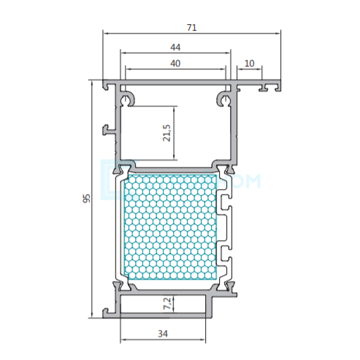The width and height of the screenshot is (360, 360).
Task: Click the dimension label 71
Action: (x=191, y=28)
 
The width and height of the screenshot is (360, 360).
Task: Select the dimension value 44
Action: (x=175, y=47)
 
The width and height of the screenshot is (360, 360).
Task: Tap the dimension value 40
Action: (x=175, y=64)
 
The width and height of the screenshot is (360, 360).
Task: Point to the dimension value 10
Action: (x=249, y=64)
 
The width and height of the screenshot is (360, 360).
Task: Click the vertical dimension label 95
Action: (x=87, y=199)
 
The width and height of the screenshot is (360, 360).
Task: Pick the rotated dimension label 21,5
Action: (x=166, y=133)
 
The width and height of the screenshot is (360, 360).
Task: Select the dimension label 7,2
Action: (x=167, y=304)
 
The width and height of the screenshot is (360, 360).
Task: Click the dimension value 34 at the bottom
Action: (x=163, y=334)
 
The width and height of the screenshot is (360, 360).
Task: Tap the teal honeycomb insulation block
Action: (x=171, y=226)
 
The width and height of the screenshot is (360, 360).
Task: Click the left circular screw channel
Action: (x=126, y=99)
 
